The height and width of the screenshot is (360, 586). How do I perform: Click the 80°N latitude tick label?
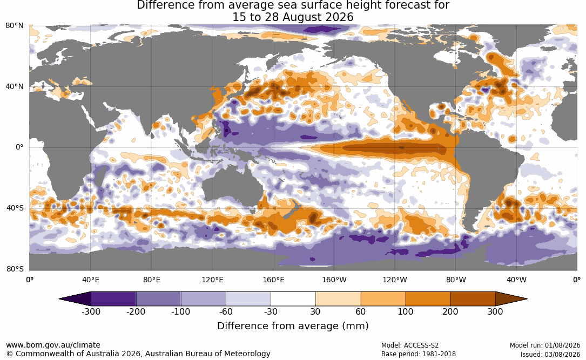[x=14, y=26]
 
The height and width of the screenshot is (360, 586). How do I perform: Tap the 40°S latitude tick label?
[x=15, y=208]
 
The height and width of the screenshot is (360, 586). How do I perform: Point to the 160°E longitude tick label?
[x=273, y=280]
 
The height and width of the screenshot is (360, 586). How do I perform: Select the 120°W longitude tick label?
[x=394, y=280]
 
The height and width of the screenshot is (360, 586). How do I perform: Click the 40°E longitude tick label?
[x=90, y=280]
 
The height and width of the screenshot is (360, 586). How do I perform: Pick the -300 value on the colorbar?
[x=91, y=311]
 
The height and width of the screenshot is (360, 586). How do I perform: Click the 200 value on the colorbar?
[x=450, y=311]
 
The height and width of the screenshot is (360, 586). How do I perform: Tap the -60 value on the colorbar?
[x=226, y=311]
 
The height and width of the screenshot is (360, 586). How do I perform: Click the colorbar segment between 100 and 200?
[x=428, y=299]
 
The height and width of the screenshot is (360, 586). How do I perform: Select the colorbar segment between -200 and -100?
[x=158, y=299]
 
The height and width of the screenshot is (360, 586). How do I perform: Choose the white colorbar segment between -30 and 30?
[x=293, y=299]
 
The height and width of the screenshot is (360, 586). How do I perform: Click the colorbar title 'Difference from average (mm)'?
[x=293, y=326]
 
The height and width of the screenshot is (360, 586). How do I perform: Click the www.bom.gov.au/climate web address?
[x=53, y=345]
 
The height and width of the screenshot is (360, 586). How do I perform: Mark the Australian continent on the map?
[x=232, y=188]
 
